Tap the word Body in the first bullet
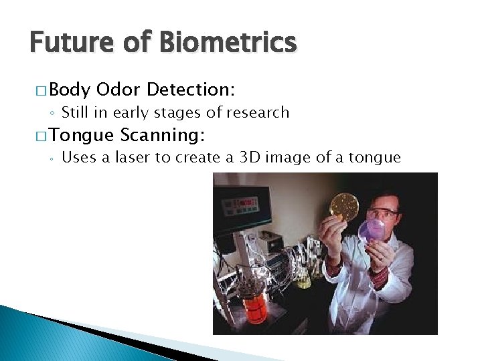pyautogui.click(x=70, y=89)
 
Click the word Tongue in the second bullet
pyautogui.click(x=82, y=136)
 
